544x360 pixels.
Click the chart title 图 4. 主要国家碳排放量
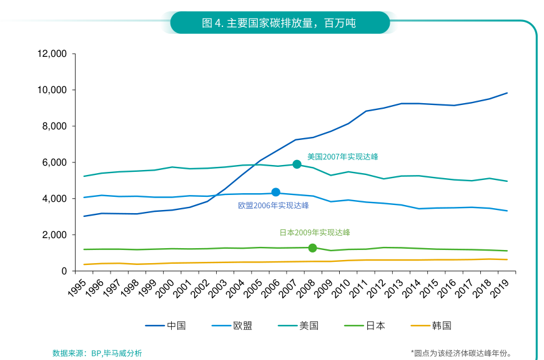coord(279,23)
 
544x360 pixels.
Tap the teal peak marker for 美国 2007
coord(297,164)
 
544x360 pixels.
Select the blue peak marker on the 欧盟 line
coord(275,192)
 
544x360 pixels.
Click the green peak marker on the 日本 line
coord(312,248)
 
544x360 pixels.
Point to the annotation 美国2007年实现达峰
coord(342,156)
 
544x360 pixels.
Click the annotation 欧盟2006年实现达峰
coord(273,205)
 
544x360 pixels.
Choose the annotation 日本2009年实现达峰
coord(314,232)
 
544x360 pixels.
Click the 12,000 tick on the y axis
coord(52,54)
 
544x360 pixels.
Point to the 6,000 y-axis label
coord(55,162)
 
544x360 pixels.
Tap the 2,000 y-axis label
coord(55,235)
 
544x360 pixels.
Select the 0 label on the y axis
coord(64,271)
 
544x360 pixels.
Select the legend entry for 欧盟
coord(232,326)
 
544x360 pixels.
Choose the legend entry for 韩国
coord(431,326)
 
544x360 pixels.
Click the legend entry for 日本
coord(365,326)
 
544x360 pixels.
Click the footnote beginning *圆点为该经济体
coord(465,353)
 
